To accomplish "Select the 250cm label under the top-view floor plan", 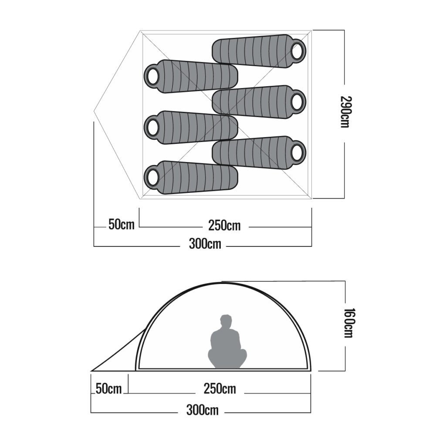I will click(x=224, y=226).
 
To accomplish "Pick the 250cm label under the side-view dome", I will click(x=220, y=388).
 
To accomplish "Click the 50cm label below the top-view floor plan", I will click(x=122, y=225).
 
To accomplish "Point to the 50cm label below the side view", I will click(x=108, y=389).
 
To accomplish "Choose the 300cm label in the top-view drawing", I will click(x=205, y=244).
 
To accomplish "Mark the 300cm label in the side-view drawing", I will click(x=202, y=410).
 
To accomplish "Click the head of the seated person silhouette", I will click(x=225, y=322).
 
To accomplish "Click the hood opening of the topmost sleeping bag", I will click(x=298, y=51).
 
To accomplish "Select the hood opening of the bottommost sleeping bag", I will click(x=153, y=177).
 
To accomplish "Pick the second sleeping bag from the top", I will click(x=192, y=77).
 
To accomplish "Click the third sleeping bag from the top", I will click(x=259, y=101).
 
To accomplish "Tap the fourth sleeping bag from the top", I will click(x=192, y=127).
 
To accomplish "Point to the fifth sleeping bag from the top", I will click(x=259, y=152).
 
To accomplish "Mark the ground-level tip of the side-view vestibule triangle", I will click(x=91, y=371).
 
